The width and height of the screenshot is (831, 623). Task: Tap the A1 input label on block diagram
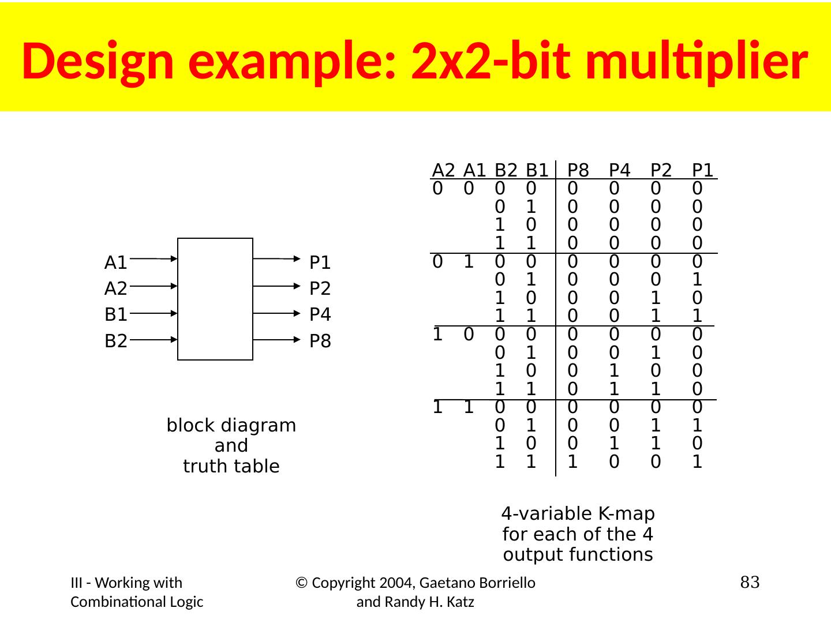click(115, 263)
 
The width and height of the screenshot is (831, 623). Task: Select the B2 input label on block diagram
click(115, 341)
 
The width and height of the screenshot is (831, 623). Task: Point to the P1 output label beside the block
click(320, 263)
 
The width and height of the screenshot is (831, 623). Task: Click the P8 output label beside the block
click(320, 341)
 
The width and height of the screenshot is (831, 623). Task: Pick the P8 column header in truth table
click(578, 170)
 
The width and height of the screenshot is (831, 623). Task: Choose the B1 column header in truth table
click(537, 170)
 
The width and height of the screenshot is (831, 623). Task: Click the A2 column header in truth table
click(443, 170)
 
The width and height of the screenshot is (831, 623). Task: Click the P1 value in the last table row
click(697, 462)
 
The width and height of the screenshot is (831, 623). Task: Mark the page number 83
click(750, 583)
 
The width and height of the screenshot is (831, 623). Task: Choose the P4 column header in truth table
click(619, 170)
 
